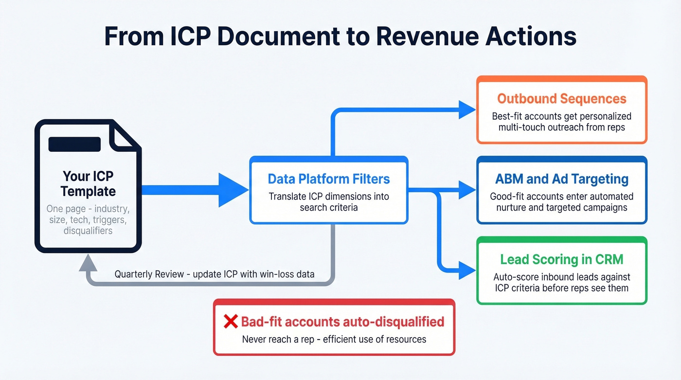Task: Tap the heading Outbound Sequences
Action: [561, 99]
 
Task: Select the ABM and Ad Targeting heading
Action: [561, 179]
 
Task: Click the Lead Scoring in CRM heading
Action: [561, 259]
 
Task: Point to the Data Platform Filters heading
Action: [329, 179]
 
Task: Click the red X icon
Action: [230, 322]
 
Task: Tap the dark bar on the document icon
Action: [74, 144]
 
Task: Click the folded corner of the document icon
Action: [124, 135]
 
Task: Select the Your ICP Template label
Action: [88, 183]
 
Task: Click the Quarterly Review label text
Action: [214, 274]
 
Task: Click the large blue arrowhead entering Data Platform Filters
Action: [233, 190]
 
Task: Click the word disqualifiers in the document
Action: [88, 231]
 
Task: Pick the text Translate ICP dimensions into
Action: [329, 197]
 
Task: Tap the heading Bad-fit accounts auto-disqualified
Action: [342, 322]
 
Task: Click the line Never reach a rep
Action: [334, 339]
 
